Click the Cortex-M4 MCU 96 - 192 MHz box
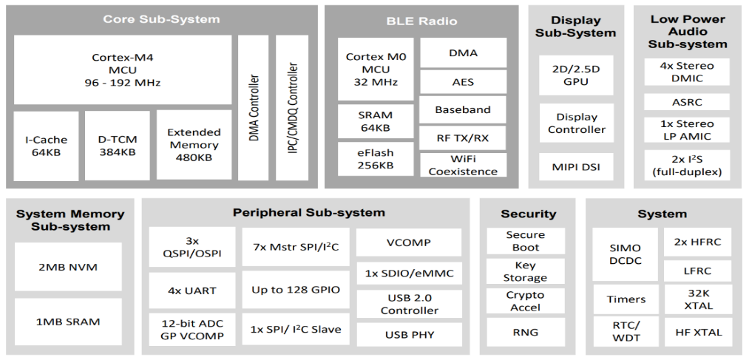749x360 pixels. tap(122, 69)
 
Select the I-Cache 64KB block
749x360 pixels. tap(46, 146)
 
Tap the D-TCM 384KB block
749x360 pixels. tap(117, 146)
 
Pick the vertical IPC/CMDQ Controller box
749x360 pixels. tap(292, 107)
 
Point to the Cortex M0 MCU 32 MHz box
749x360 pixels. tap(376, 69)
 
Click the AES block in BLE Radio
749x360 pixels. tap(463, 81)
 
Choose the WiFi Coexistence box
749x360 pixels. tap(463, 165)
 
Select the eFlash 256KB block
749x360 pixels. tap(376, 158)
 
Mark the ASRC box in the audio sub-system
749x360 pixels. tap(687, 102)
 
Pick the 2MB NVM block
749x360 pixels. tap(68, 267)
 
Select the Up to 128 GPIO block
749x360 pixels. tap(296, 290)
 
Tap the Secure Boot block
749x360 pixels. tap(526, 241)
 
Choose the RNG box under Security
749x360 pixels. tap(526, 333)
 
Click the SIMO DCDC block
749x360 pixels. tap(626, 254)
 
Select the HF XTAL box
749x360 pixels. tap(698, 333)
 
